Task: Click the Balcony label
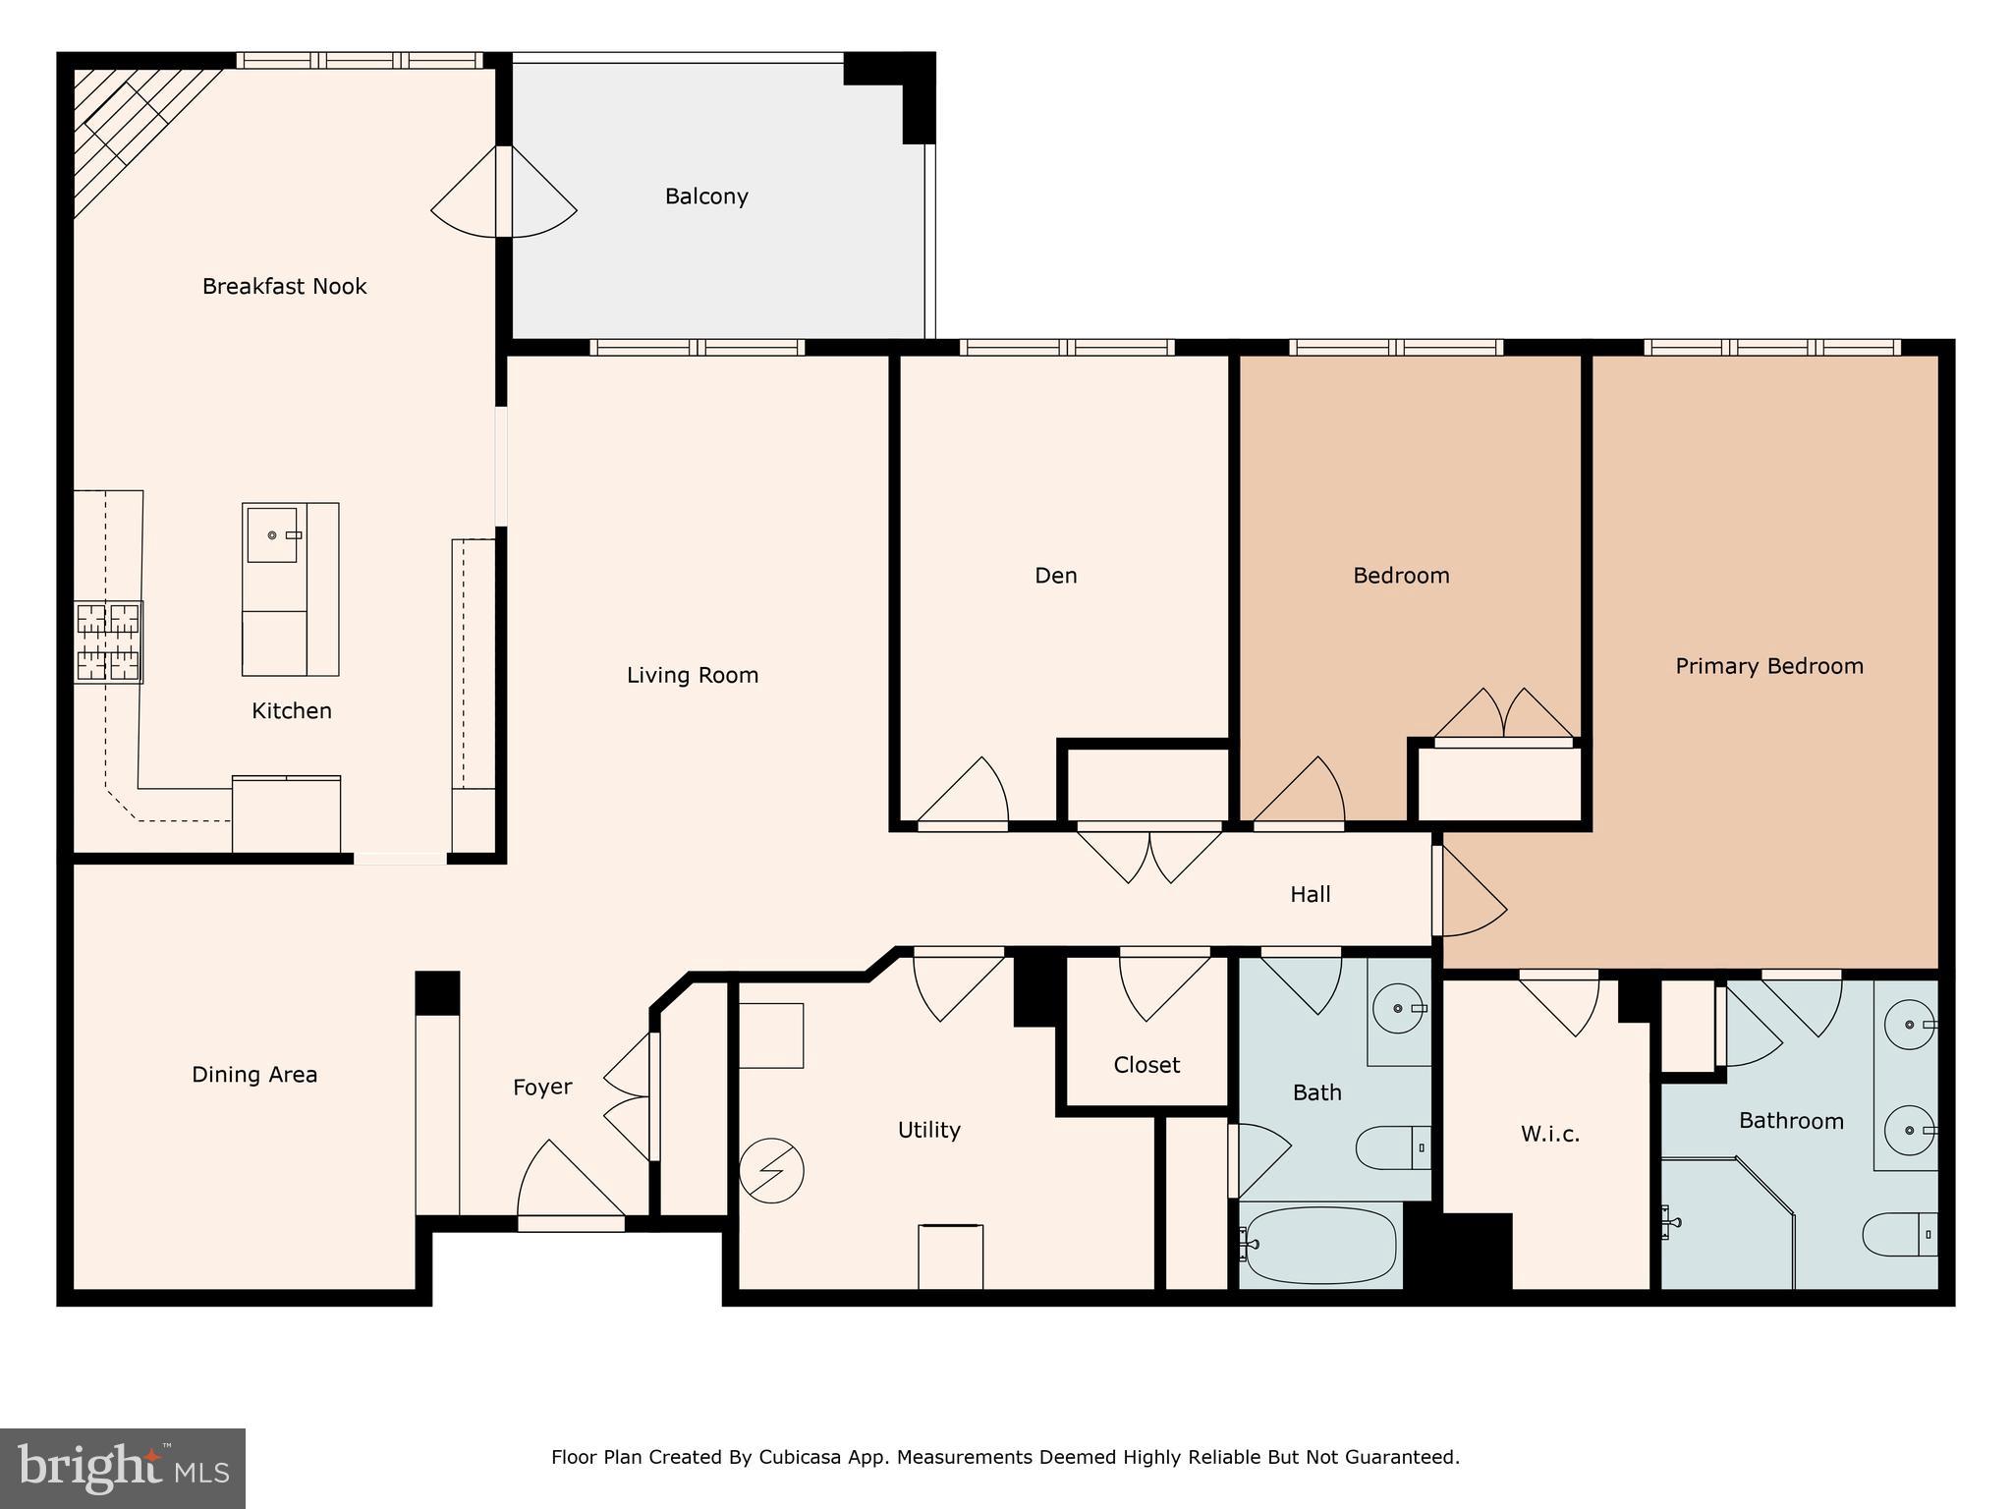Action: [706, 196]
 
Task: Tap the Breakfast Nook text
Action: [284, 287]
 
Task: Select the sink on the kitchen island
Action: [272, 535]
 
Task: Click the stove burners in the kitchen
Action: [109, 643]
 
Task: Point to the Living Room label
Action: [693, 676]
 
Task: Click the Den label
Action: [1056, 576]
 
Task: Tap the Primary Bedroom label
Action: [1768, 666]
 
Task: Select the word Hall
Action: [1310, 895]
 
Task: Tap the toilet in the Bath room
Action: [1393, 1147]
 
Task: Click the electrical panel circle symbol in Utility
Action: [771, 1171]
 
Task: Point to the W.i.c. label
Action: [1550, 1135]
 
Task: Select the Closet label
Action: [1146, 1065]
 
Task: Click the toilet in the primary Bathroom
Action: [1900, 1235]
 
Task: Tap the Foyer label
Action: [542, 1088]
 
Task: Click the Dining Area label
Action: [254, 1075]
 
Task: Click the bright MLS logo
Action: [123, 1469]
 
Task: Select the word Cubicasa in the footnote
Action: [799, 1457]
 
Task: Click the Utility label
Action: [928, 1131]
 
